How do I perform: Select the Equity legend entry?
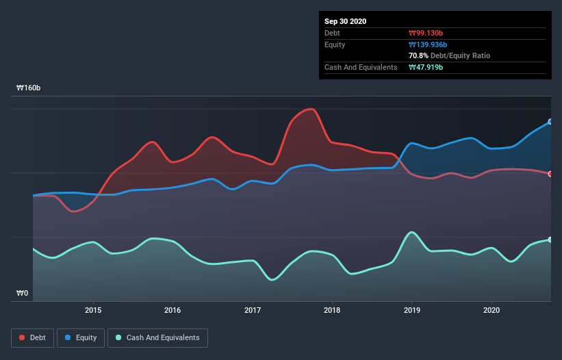[81, 337]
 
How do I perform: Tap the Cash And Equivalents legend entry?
[157, 337]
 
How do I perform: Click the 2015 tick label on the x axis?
[93, 310]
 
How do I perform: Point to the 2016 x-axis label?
[173, 310]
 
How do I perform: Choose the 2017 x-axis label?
[253, 310]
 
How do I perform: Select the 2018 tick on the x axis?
[332, 310]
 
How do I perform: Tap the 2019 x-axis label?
[412, 310]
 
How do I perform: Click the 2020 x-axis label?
[491, 310]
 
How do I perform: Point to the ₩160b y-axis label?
[29, 88]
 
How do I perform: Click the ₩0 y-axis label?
[23, 294]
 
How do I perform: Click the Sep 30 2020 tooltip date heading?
[345, 21]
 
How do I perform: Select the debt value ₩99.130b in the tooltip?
[427, 33]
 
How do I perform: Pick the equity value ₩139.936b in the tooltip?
[429, 44]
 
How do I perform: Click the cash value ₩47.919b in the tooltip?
[427, 67]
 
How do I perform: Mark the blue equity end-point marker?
[550, 121]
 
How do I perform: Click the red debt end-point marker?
[550, 173]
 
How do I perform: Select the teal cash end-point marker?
[550, 240]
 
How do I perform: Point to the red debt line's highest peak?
[311, 109]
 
